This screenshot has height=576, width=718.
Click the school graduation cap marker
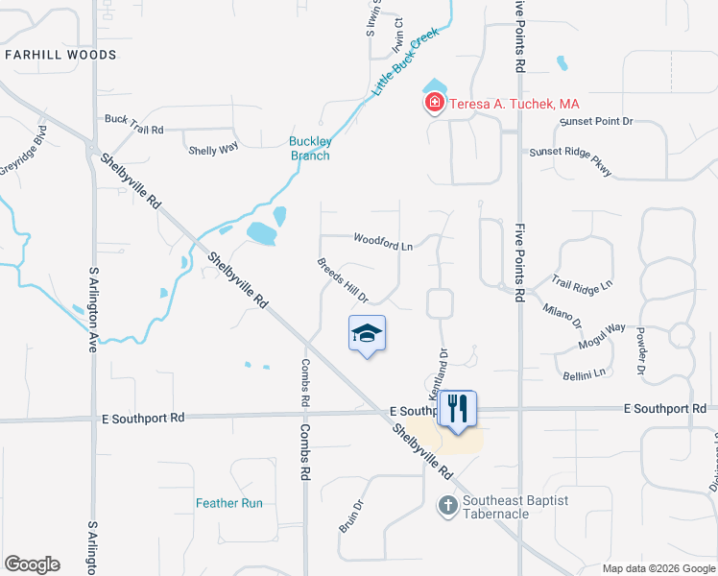366,333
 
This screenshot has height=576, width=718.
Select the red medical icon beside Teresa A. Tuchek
434,103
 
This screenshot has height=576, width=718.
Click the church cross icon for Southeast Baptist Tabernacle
446,505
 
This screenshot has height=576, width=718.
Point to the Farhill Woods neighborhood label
60,55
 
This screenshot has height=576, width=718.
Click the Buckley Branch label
310,149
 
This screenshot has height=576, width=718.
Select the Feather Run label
229,503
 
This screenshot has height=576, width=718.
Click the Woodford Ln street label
382,242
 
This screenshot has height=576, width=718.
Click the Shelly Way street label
213,149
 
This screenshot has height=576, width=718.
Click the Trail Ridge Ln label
582,284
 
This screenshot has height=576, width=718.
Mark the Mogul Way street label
601,336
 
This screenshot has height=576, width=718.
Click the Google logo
32,564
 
